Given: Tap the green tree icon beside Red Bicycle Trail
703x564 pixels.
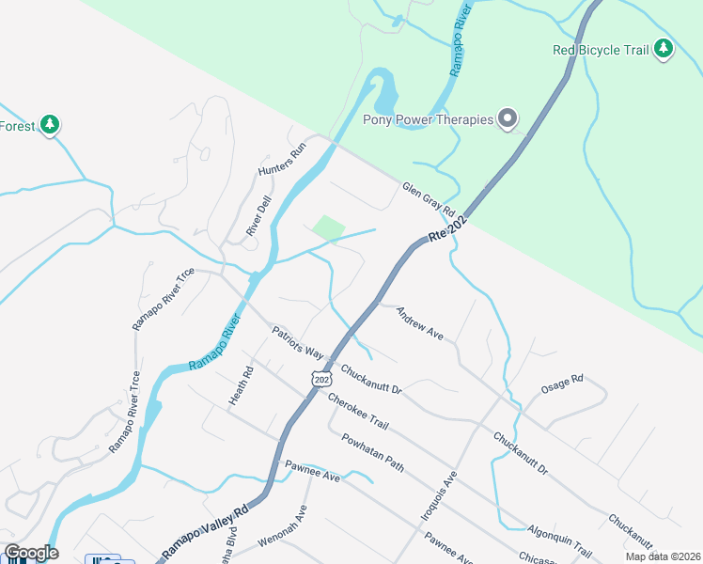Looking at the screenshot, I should tap(664, 49).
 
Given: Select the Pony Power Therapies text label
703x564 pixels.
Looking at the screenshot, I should tap(428, 119).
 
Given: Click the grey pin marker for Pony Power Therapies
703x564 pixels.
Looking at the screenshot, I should tap(508, 119).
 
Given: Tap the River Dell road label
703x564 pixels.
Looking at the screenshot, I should tap(258, 217).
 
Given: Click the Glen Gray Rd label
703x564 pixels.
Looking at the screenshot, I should tap(429, 198).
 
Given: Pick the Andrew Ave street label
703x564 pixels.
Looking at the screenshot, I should tap(419, 322).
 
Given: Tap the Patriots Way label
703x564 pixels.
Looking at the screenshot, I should tap(297, 343).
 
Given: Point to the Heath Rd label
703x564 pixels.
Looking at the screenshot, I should tap(242, 386).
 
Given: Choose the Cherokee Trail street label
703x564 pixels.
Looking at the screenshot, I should tap(358, 413).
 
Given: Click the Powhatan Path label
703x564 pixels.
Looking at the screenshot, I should tap(372, 453).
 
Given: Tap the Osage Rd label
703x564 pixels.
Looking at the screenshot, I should tap(562, 384).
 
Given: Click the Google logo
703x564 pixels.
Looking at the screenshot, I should tap(31, 553).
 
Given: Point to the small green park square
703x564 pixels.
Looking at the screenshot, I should tap(328, 227).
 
